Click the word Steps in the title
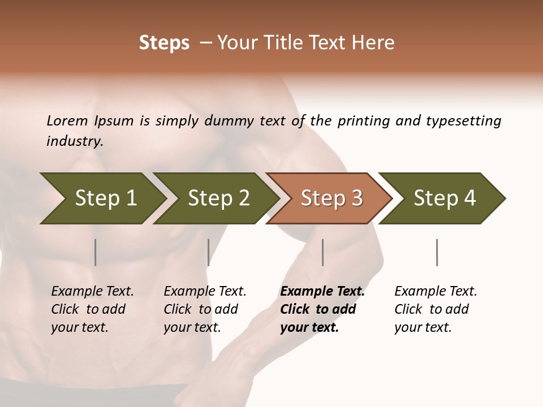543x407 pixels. [x=164, y=43]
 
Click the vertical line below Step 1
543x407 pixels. [x=96, y=252]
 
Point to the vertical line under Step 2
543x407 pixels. [x=209, y=252]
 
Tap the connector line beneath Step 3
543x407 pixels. [x=323, y=252]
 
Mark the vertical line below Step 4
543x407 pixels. [x=437, y=252]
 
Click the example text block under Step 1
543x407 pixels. [x=92, y=309]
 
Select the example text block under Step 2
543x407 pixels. [x=205, y=309]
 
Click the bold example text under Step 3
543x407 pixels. [x=322, y=309]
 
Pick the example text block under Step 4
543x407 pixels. [x=436, y=309]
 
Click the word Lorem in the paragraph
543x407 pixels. [x=67, y=121]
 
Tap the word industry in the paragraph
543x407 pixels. [x=75, y=141]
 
